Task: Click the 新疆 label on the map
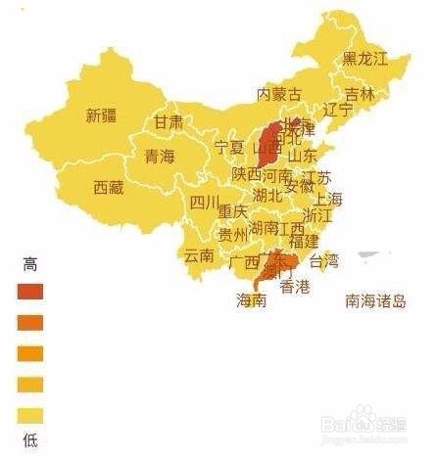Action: [101, 115]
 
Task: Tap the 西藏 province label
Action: [109, 186]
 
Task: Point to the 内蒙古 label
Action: [279, 94]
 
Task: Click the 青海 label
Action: [160, 156]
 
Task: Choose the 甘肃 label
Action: [168, 122]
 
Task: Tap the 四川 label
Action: [205, 203]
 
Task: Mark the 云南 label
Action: [199, 256]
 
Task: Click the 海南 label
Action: [251, 300]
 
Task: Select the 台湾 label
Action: [323, 260]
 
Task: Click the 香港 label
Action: [295, 287]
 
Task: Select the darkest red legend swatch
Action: [30, 291]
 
